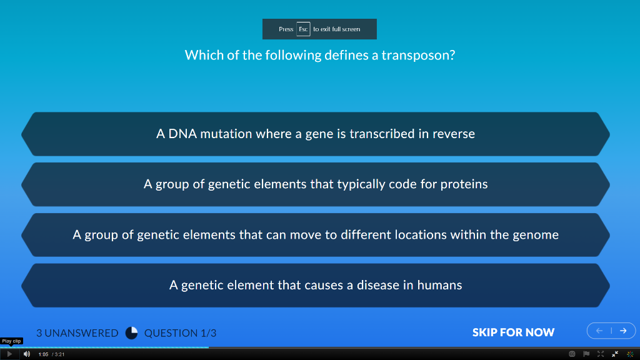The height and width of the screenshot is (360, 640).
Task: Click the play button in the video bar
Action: click(9, 354)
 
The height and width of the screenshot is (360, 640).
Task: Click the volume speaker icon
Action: click(27, 354)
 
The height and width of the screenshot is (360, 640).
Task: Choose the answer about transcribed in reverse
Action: click(315, 134)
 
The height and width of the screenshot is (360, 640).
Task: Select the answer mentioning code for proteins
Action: click(315, 184)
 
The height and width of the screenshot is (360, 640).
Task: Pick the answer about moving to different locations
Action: click(315, 235)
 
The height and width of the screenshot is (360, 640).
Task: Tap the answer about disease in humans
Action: click(315, 285)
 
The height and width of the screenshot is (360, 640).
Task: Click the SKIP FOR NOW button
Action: click(513, 332)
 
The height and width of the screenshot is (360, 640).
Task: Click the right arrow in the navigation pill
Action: click(623, 331)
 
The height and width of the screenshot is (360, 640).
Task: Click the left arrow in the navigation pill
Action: click(599, 331)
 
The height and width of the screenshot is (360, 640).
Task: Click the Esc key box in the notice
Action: click(303, 29)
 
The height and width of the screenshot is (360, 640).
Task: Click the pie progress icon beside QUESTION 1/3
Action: click(131, 333)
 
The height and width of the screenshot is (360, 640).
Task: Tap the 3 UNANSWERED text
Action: click(77, 333)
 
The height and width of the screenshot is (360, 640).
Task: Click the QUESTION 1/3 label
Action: click(180, 333)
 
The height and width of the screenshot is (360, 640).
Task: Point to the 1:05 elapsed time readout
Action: click(43, 354)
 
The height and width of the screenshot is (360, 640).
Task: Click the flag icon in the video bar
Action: click(586, 354)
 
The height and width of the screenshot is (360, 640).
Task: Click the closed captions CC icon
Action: click(572, 354)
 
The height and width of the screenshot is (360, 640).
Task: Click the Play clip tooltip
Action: click(12, 341)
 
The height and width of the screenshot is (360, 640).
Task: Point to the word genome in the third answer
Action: click(536, 235)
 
